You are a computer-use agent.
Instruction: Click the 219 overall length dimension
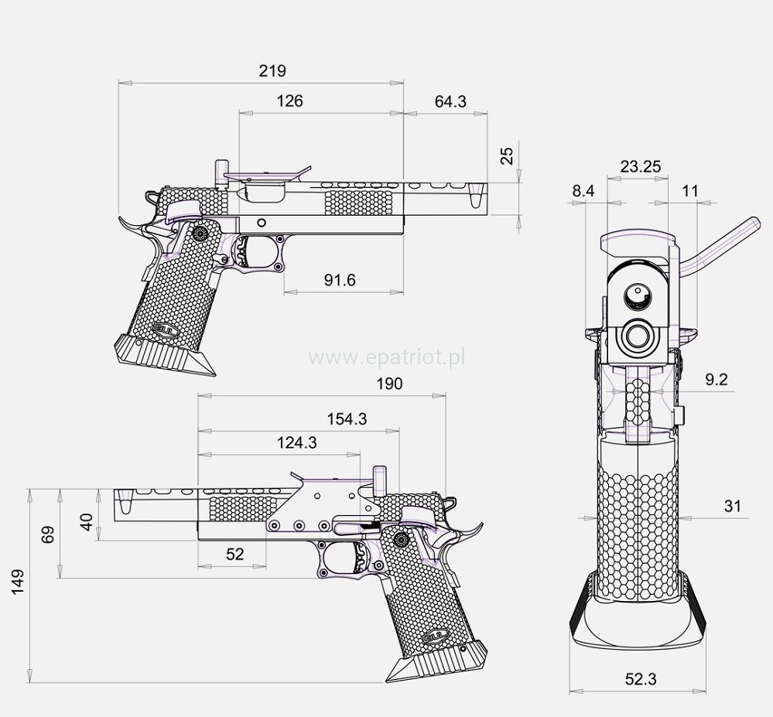coord(272,71)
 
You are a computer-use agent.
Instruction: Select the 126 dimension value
coord(289,101)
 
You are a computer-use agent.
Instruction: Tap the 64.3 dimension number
coord(450,101)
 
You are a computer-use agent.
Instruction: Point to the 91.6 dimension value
coord(340,280)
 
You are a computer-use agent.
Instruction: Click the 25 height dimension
coord(507,156)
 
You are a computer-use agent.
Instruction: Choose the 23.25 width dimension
coord(640,166)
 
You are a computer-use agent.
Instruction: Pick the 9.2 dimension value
coord(717,380)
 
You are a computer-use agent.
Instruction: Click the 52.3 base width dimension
coord(641,679)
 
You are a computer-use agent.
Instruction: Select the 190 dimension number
coord(388,384)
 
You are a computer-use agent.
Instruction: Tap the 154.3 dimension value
coord(346,418)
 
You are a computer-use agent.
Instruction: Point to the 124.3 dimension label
coord(296,443)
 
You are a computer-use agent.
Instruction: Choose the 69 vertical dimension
coord(49,534)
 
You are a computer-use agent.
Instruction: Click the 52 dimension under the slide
coord(234,554)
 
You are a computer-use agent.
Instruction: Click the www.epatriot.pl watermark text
coord(386,357)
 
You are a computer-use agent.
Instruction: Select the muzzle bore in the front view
coord(639,335)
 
